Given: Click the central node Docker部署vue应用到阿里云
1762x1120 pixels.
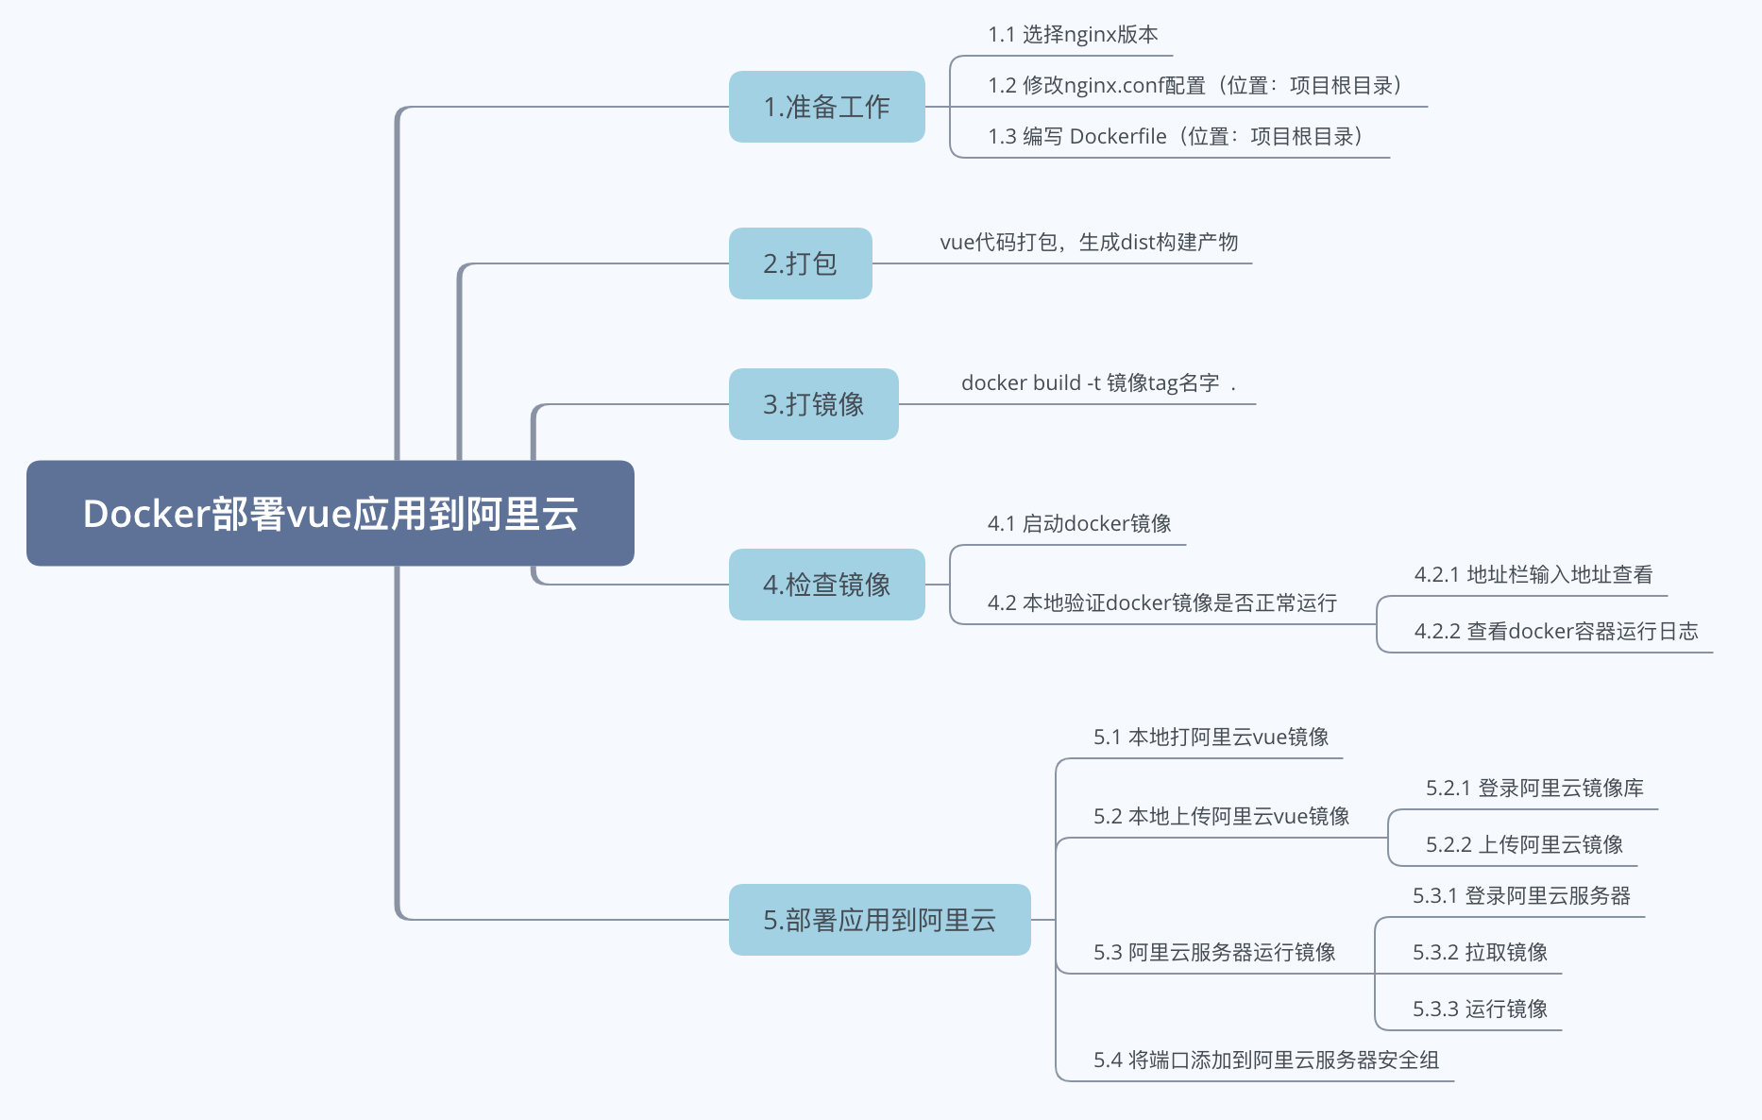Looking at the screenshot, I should point(330,514).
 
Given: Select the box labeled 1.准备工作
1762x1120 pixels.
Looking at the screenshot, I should point(826,107).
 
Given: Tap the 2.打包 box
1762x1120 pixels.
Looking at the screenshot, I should point(800,263).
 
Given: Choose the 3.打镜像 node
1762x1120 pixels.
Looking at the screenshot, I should point(813,404).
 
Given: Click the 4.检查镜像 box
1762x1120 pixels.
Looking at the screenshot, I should point(826,585).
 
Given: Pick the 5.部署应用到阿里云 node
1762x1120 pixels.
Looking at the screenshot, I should point(879,920).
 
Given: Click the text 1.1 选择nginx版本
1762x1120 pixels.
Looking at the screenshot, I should point(1073,35).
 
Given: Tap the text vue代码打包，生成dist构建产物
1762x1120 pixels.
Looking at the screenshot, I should point(1089,243).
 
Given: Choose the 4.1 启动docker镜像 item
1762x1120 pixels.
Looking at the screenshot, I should point(1079,524).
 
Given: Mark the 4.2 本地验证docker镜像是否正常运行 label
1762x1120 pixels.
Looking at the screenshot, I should point(1161,603).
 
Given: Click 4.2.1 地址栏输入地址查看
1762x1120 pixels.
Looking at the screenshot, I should point(1533,575).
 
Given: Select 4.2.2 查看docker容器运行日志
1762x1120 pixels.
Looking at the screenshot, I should point(1556,632).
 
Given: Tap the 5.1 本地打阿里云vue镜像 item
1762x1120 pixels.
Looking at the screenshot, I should point(1211,738).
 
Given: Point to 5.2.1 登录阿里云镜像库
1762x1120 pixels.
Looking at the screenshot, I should point(1534,789).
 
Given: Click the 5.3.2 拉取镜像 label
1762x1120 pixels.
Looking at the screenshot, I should point(1480,953).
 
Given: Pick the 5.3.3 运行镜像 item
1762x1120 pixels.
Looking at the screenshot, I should point(1480,1010).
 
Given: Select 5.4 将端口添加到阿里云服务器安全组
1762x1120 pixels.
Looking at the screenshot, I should point(1265,1061).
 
